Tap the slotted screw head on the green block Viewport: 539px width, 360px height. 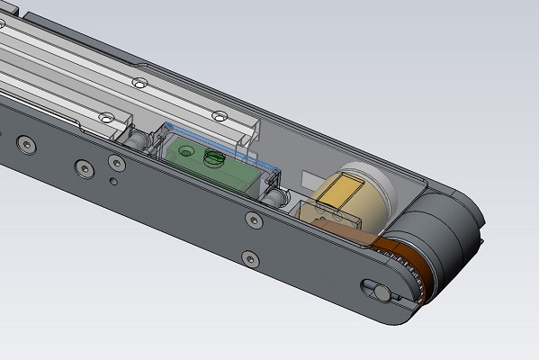(214, 158)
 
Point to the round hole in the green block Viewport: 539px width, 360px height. (186, 149)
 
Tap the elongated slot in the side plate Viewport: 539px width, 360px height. (374, 289)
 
